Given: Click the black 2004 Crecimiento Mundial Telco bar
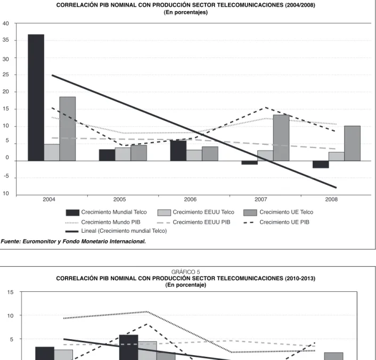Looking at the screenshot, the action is (x=36, y=97).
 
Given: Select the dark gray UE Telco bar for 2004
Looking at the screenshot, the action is (x=68, y=129).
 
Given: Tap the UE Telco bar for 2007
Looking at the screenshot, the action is (x=281, y=138).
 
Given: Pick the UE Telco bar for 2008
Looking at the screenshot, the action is (x=352, y=143).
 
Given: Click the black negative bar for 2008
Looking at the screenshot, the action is (x=321, y=165).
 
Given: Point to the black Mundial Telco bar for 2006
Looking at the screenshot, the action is (x=178, y=151).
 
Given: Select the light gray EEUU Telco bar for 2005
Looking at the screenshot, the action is (x=123, y=154).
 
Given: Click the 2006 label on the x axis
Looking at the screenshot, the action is (x=190, y=199).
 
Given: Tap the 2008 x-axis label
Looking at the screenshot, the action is (x=331, y=199).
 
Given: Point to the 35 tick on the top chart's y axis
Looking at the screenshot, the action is (x=6, y=40).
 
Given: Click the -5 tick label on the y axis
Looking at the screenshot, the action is (x=6, y=176).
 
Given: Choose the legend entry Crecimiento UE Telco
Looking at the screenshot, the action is (x=279, y=212).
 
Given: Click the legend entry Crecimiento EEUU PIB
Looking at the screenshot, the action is (x=193, y=222).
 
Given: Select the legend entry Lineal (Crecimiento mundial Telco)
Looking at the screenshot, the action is (x=116, y=231).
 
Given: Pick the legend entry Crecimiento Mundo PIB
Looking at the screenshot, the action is (x=103, y=222).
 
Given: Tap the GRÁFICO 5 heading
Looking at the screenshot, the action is (x=185, y=272).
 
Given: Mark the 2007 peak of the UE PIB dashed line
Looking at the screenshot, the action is (x=265, y=108).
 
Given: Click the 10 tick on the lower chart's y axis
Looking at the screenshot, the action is (x=10, y=316).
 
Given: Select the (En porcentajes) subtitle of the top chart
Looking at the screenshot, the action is (x=185, y=12).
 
